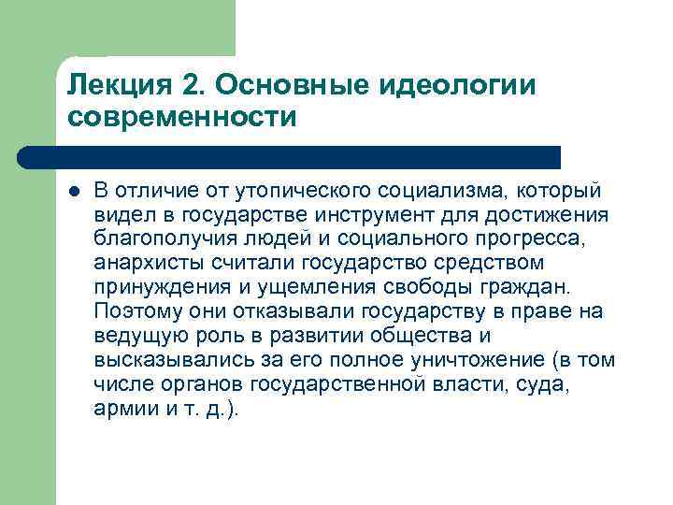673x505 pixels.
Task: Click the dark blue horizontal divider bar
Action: (x=290, y=157)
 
